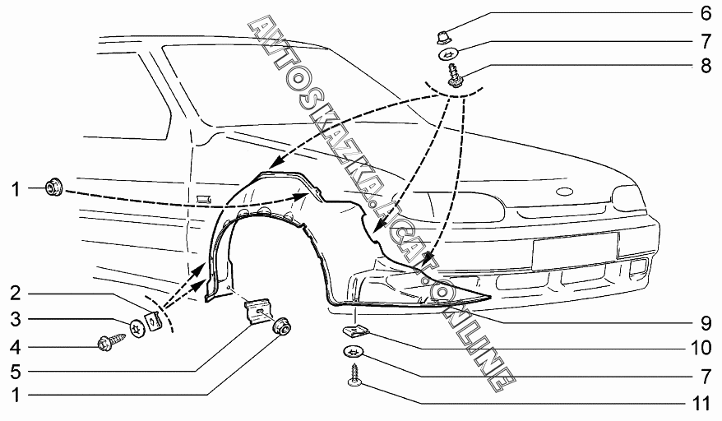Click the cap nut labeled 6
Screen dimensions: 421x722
tap(442, 35)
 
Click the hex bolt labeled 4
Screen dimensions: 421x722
tap(110, 340)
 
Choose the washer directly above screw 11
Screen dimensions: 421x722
tap(354, 352)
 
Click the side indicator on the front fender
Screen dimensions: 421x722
tap(203, 198)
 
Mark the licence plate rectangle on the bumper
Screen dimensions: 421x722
tap(575, 249)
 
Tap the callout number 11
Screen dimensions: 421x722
tap(701, 404)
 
